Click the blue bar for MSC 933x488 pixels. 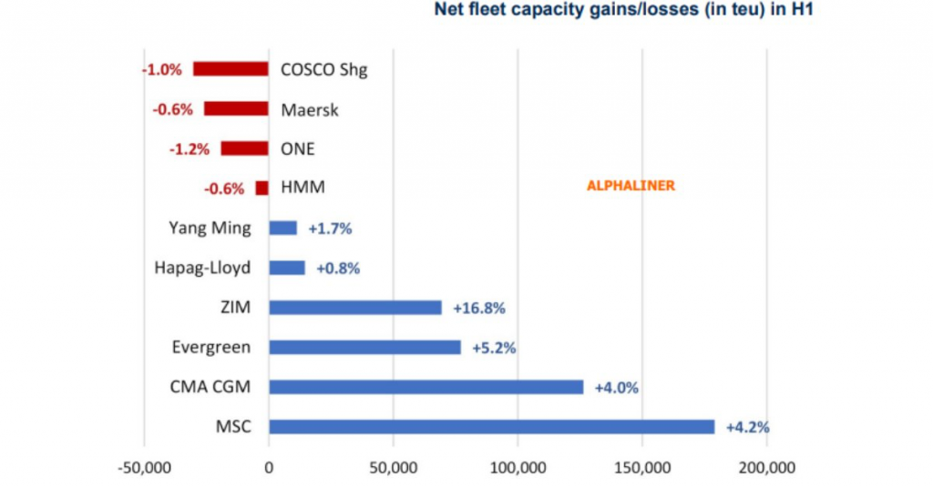[x=491, y=427]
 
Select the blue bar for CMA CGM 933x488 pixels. [x=425, y=387]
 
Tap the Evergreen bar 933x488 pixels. [x=364, y=347]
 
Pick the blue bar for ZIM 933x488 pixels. [x=355, y=308]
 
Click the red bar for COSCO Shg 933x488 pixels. [x=231, y=69]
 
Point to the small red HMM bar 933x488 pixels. [x=262, y=188]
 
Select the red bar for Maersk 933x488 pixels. [x=236, y=109]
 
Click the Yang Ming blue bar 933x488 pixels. [x=282, y=228]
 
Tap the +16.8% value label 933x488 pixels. [x=478, y=308]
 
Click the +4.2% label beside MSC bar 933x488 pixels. [x=747, y=427]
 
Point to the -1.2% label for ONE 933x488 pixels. [x=190, y=149]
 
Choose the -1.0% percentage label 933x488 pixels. [x=162, y=69]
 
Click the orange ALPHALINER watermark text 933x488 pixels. [x=630, y=186]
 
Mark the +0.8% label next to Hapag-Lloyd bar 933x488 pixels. [x=338, y=269]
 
